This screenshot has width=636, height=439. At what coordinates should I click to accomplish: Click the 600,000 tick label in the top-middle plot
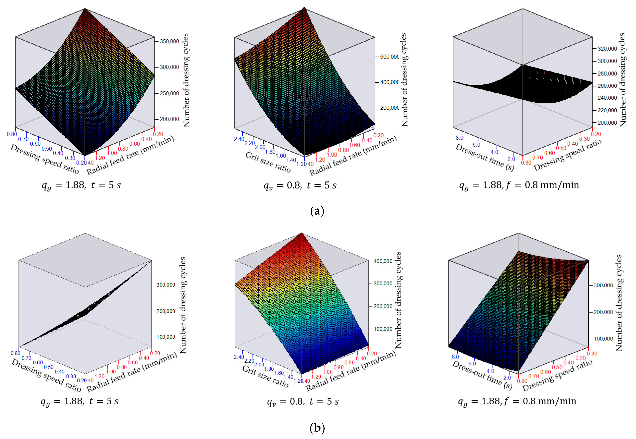click(390, 57)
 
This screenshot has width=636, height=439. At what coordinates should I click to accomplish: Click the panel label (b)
click(317, 428)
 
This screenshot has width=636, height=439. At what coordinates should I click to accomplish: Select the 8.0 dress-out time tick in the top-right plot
click(459, 138)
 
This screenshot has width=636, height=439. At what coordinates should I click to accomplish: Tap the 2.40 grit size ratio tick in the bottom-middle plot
click(239, 357)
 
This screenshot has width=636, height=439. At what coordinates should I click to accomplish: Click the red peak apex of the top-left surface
click(85, 9)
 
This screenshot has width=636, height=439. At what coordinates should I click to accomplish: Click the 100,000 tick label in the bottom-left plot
click(166, 337)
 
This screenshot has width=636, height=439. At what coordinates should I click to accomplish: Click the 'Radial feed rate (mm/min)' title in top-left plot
click(130, 156)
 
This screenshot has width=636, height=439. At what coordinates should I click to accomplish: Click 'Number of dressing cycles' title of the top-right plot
click(622, 80)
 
